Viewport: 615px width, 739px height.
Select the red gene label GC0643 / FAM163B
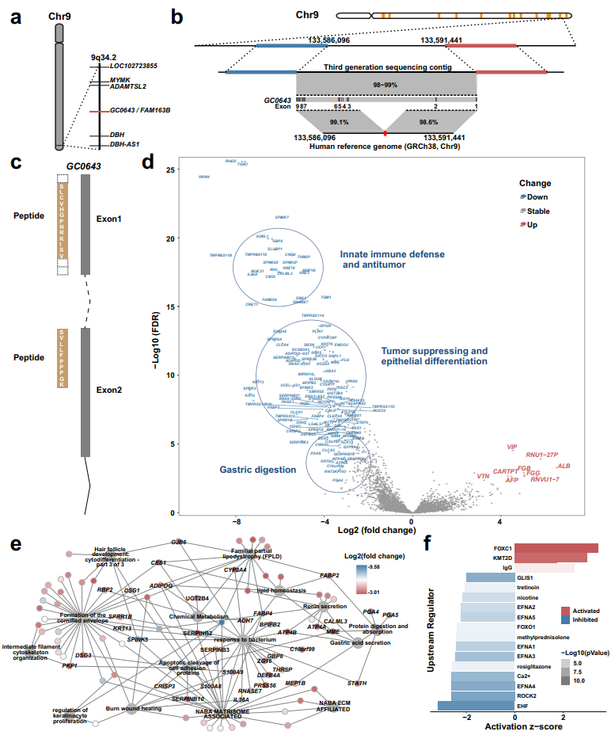[141, 111]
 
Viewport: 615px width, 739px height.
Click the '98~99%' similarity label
[386, 84]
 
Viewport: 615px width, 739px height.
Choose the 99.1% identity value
[339, 122]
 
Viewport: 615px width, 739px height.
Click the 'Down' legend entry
[538, 196]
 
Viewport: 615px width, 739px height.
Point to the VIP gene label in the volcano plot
[512, 448]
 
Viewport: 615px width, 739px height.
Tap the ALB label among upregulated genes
[564, 467]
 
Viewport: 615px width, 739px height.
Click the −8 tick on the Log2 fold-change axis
[236, 523]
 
